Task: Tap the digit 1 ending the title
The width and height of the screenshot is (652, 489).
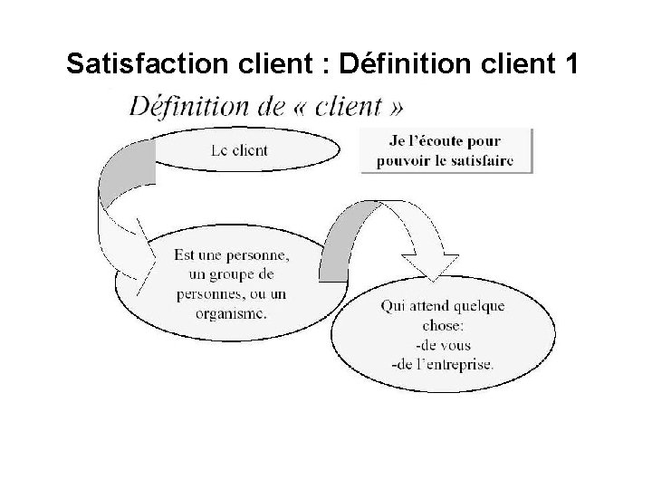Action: pyautogui.click(x=570, y=64)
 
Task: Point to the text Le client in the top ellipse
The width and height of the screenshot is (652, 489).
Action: pyautogui.click(x=238, y=150)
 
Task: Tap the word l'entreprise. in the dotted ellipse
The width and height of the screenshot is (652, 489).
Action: pyautogui.click(x=454, y=365)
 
